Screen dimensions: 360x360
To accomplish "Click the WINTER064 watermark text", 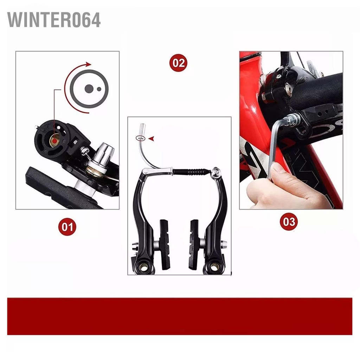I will point(54,20).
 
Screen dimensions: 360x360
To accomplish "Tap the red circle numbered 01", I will point(67,227).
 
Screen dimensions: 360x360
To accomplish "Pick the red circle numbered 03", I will point(289,222).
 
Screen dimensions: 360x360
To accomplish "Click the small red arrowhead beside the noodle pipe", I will point(151,139).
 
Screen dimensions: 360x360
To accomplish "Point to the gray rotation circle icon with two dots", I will point(89,89).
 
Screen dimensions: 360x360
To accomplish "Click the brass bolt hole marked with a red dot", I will point(54,141).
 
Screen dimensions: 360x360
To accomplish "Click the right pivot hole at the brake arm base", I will point(214,267).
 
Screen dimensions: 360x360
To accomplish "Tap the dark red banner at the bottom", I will point(180,316).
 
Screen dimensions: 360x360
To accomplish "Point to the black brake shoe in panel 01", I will point(60,186).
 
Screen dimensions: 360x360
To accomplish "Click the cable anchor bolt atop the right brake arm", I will point(216,172).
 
